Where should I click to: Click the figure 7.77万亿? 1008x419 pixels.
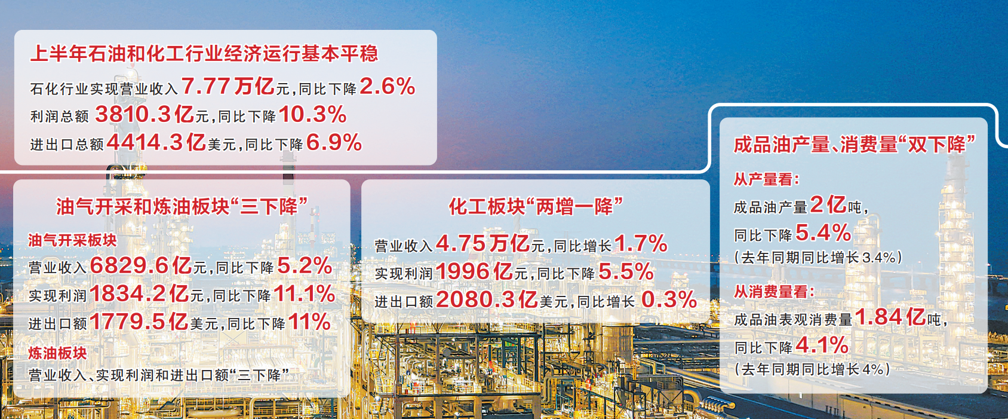pos(228,86)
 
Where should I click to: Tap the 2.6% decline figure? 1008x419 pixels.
pos(388,86)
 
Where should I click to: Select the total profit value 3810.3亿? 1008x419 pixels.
pos(145,114)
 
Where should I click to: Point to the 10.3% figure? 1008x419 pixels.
pos(313,114)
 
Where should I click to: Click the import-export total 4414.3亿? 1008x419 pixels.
pos(156,142)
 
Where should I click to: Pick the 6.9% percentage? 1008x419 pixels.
pos(334,142)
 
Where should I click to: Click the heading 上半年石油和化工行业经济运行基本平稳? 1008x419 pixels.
pos(204,54)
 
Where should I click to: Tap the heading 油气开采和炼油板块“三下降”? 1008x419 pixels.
pos(182,207)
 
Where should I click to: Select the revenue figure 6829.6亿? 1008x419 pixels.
pos(141,265)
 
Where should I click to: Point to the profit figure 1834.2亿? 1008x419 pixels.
pos(139,293)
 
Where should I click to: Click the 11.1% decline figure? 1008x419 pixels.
pos(304,293)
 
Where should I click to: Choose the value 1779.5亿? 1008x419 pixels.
pos(139,322)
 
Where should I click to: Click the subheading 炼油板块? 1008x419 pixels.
pos(57,353)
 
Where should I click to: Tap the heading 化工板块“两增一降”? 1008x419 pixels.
pos(536,207)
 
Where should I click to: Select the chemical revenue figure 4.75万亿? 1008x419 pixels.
pos(483,244)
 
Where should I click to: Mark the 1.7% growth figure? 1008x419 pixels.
pos(641,244)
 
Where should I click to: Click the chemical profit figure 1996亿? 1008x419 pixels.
pos(475,272)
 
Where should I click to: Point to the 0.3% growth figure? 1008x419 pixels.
pos(669,299)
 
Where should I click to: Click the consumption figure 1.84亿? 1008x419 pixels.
pos(890,317)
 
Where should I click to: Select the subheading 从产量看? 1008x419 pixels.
pos(766,179)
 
